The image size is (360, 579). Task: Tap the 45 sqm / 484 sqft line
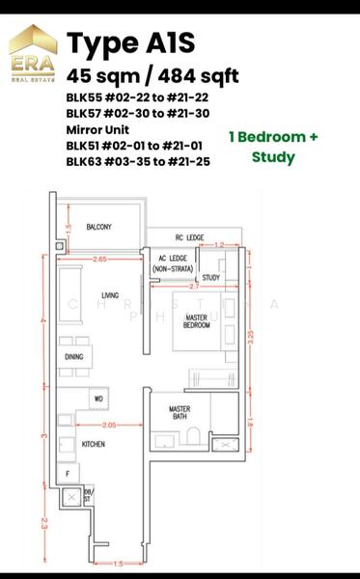point(152,76)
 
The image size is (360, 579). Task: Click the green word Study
point(273,156)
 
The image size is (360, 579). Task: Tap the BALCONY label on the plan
point(99,227)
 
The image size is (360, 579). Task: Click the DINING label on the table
point(73,357)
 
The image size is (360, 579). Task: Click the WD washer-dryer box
point(98,399)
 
